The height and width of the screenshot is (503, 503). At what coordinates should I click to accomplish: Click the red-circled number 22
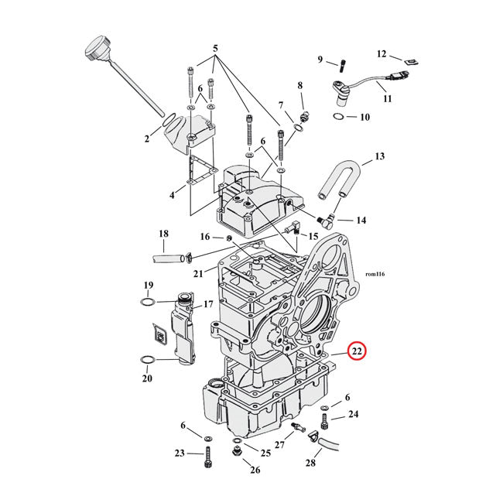357,351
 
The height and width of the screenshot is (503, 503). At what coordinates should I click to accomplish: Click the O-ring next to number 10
339,117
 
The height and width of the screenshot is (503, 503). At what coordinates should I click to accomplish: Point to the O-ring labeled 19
149,302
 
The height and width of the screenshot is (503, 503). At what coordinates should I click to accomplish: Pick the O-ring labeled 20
149,360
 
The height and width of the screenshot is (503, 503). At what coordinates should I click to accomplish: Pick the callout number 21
197,273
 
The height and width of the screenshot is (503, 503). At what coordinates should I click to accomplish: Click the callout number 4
173,196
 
